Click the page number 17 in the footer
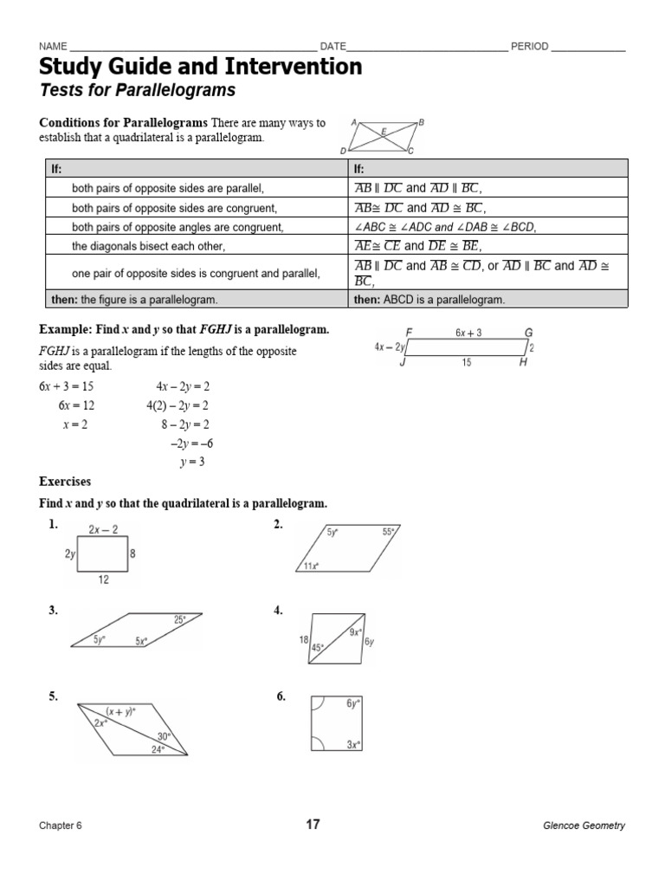click(x=313, y=825)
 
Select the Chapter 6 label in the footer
click(x=61, y=825)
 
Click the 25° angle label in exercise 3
click(x=179, y=620)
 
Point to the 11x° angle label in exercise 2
click(x=310, y=566)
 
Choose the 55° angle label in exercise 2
click(x=389, y=533)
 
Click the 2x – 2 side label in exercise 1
click(x=103, y=530)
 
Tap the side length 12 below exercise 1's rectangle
click(x=103, y=580)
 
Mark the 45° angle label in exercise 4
click(x=318, y=647)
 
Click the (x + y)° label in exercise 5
click(x=120, y=710)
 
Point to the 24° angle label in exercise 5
click(x=158, y=749)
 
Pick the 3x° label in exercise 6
click(x=353, y=744)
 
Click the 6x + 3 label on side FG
click(x=468, y=333)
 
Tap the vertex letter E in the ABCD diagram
click(x=384, y=131)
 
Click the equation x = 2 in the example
click(x=74, y=424)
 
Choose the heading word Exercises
click(x=65, y=481)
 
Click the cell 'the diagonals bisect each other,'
click(x=148, y=246)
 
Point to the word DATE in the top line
click(x=333, y=47)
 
